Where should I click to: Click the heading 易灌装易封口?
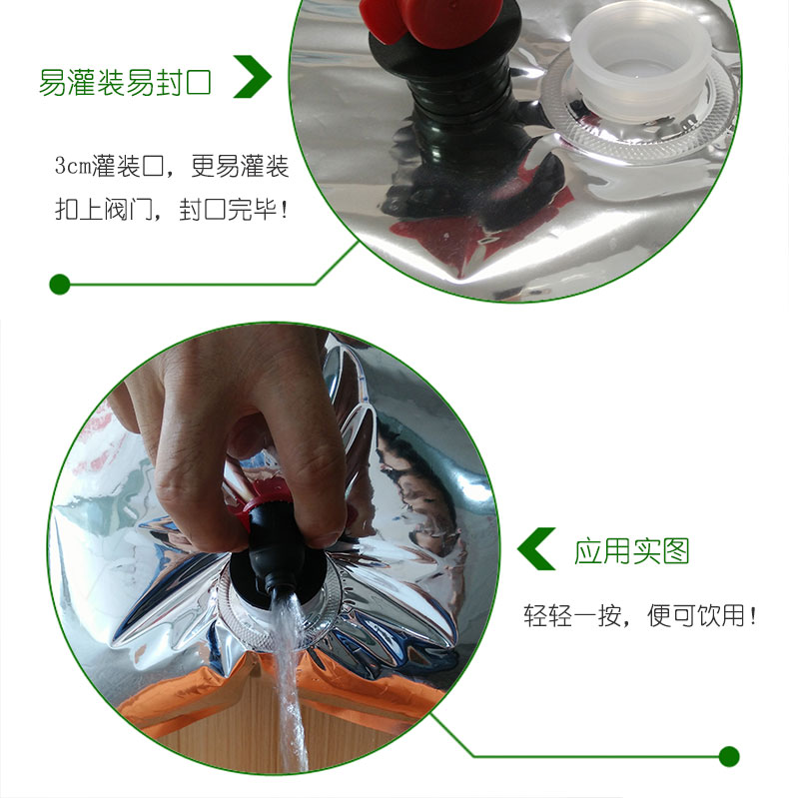pos(124,82)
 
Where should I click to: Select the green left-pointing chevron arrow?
pos(536,549)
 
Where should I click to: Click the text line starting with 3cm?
pos(172,166)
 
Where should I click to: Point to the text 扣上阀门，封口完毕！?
pos(172,212)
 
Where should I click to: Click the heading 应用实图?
pos(632,550)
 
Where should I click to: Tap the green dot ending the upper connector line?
pos(59,285)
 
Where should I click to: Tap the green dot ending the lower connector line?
pos(729,756)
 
